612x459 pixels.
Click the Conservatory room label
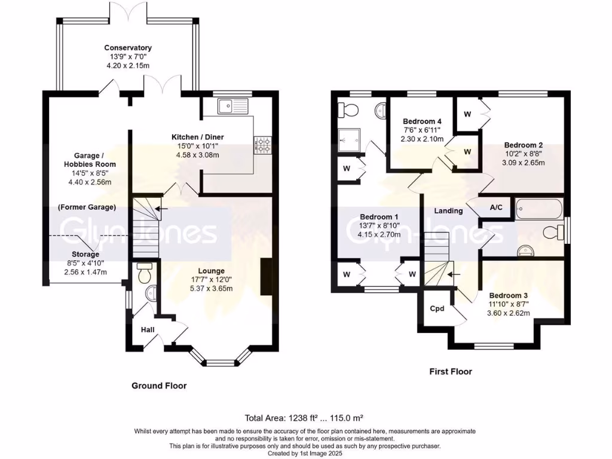pos(128,48)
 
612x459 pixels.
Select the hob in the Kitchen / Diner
pos(262,143)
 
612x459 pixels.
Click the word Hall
pos(148,329)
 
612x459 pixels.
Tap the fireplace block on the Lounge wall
pos(266,276)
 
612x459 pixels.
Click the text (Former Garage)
pos(87,207)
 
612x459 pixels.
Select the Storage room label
pos(87,254)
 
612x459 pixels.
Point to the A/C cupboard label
pos(496,208)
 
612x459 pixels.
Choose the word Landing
pos(448,210)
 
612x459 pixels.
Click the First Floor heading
pos(451,372)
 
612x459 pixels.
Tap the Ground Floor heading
pos(159,386)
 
